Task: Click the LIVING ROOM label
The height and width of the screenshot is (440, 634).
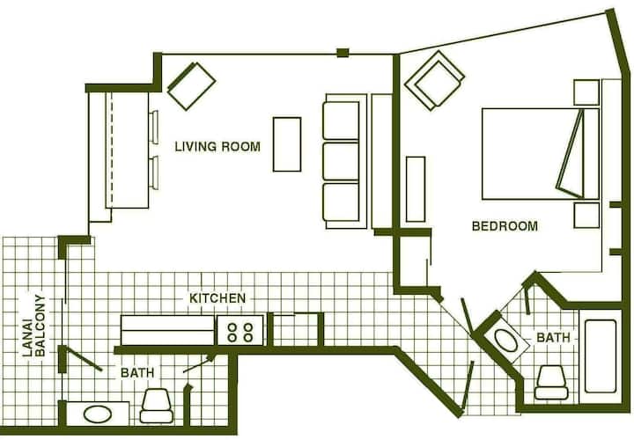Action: pyautogui.click(x=217, y=146)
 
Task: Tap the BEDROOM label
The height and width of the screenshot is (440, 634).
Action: pyautogui.click(x=505, y=225)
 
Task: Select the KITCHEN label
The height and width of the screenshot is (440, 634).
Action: pyautogui.click(x=217, y=298)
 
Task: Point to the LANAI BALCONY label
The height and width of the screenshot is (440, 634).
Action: pyautogui.click(x=34, y=326)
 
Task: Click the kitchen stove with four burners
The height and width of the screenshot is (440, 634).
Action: pyautogui.click(x=240, y=331)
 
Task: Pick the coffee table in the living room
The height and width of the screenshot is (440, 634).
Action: pyautogui.click(x=287, y=144)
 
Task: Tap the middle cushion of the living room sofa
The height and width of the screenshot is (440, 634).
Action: pyautogui.click(x=341, y=161)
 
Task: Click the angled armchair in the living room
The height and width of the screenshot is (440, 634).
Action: pyautogui.click(x=191, y=86)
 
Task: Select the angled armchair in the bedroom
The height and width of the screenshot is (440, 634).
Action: pyautogui.click(x=435, y=79)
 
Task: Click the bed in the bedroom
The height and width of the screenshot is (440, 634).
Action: pyautogui.click(x=540, y=153)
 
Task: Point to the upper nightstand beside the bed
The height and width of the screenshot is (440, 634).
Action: pyautogui.click(x=586, y=92)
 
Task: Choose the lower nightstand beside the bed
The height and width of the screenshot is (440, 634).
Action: pyautogui.click(x=586, y=216)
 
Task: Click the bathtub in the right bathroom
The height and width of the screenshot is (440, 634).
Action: pyautogui.click(x=601, y=356)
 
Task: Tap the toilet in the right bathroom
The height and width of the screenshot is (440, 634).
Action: pyautogui.click(x=551, y=383)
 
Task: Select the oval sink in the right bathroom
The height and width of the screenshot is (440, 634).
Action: pyautogui.click(x=505, y=341)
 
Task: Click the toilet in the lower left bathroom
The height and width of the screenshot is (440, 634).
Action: pyautogui.click(x=157, y=406)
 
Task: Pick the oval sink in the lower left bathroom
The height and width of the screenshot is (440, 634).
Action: pyautogui.click(x=98, y=414)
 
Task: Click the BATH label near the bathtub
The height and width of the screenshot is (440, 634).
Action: pyautogui.click(x=553, y=337)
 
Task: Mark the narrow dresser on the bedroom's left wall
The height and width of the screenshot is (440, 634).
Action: pyautogui.click(x=416, y=189)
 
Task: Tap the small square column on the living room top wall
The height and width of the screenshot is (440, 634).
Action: pyautogui.click(x=343, y=53)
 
